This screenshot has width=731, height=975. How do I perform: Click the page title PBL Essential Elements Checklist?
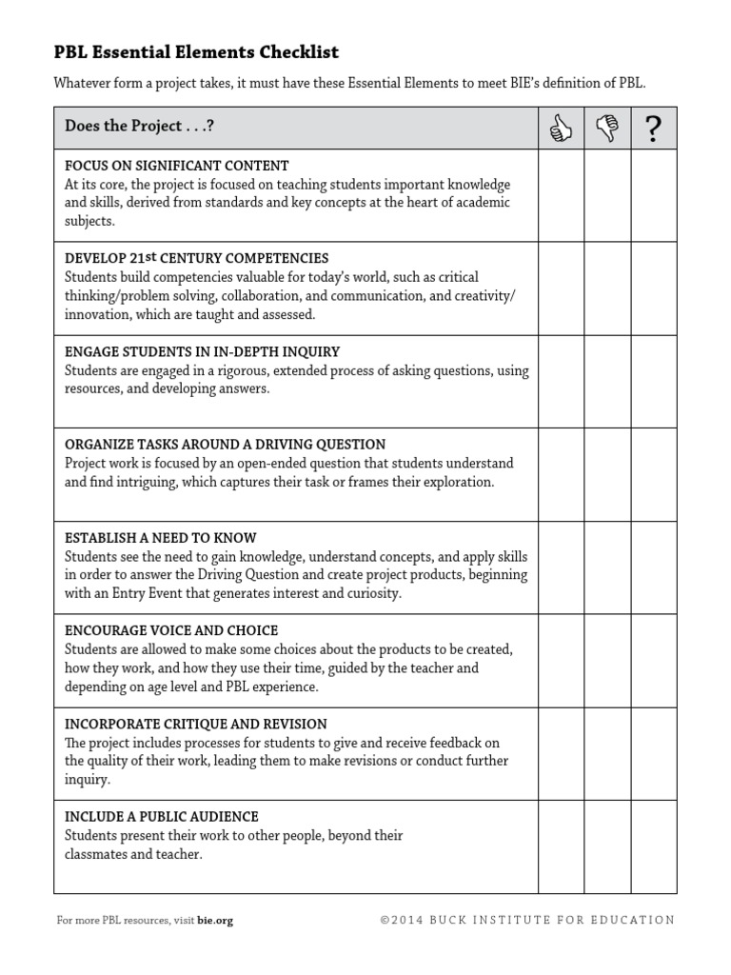195,51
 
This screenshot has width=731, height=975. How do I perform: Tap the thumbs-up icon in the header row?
561,129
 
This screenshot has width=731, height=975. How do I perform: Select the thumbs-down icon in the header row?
606,129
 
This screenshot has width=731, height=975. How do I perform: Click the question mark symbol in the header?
653,129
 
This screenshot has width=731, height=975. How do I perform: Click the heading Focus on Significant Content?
176,166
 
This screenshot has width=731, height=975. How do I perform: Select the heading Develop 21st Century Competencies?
196,258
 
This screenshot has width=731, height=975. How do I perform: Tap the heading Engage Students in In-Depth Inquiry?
202,351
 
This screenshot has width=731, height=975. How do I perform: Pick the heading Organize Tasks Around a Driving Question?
225,445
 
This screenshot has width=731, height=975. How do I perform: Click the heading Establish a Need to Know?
160,538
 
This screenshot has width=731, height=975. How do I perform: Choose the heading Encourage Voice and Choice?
171,630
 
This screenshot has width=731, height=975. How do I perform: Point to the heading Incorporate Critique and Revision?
195,724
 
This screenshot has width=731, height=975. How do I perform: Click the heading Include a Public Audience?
161,817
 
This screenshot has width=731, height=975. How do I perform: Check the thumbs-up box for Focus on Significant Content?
561,195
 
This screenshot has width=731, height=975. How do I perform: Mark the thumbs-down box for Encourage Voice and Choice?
606,661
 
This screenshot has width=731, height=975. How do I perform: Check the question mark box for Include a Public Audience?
653,846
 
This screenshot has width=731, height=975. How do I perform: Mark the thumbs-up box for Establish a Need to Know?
561,567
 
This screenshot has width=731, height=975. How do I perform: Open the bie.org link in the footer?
215,921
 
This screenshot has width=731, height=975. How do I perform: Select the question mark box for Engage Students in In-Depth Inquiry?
653,382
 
